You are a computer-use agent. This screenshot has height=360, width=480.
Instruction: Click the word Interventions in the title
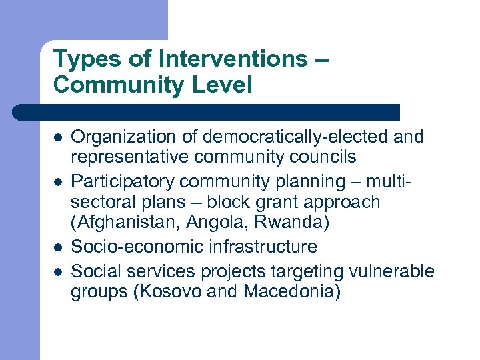233,59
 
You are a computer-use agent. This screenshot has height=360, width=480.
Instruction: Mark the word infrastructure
263,247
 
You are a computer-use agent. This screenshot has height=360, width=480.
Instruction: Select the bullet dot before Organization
58,138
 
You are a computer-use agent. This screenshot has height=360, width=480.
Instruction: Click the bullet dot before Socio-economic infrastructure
58,247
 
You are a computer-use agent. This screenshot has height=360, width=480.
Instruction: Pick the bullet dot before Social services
58,271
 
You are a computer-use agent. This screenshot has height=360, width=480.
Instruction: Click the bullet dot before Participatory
58,181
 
